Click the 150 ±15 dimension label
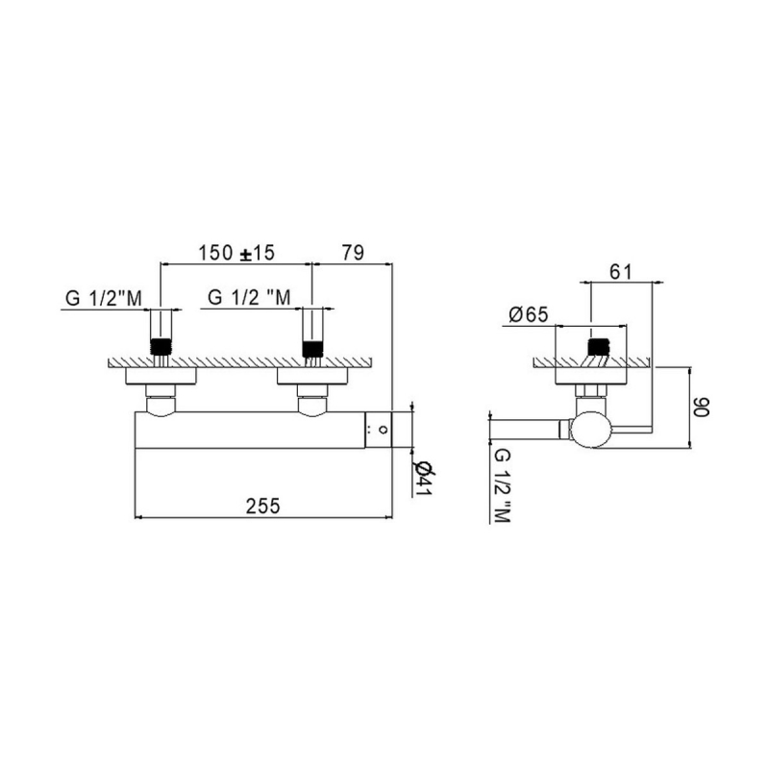236,253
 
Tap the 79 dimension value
353,253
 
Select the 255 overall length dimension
262,507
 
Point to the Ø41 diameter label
423,479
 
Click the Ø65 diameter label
528,314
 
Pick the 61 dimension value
620,272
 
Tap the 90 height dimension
702,407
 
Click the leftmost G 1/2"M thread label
104,298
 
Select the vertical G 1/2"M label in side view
502,486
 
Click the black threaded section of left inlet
161,347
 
